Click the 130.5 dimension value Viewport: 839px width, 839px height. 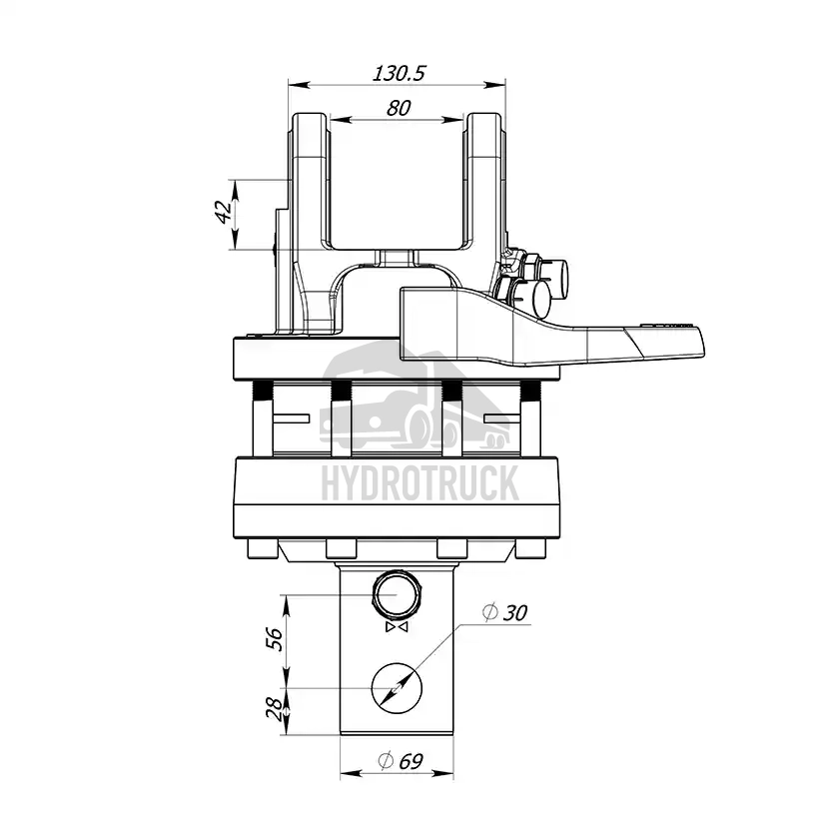[x=399, y=73]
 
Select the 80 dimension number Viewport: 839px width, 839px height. [x=399, y=108]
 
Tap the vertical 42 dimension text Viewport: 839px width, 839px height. [x=224, y=212]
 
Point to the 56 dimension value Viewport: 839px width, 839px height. [x=274, y=638]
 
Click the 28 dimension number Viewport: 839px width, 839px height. [x=274, y=709]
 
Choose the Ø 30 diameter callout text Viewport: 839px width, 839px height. [x=504, y=612]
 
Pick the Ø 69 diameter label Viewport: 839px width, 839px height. [x=401, y=760]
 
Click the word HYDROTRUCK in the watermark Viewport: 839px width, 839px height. [x=420, y=482]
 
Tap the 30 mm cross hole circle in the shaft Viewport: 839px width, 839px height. [x=397, y=663]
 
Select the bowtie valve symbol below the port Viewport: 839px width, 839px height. [x=397, y=626]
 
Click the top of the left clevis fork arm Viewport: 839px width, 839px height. [x=310, y=114]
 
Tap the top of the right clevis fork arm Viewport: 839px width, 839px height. [x=484, y=114]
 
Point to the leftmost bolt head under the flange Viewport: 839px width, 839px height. [x=263, y=548]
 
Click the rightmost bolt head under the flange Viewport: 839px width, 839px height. [x=530, y=548]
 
